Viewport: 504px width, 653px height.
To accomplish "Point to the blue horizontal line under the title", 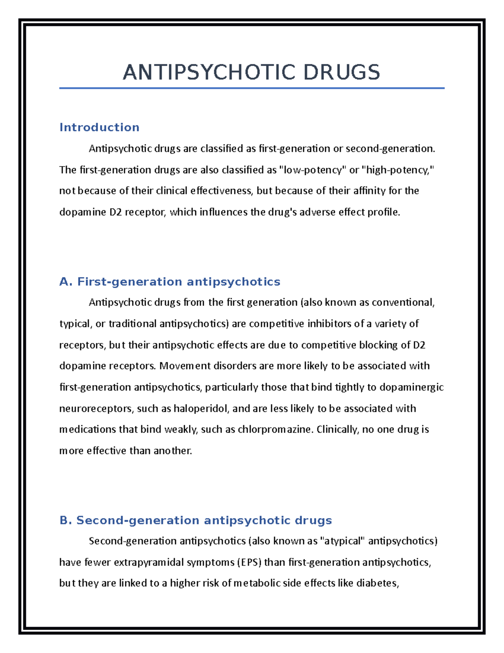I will (252, 88).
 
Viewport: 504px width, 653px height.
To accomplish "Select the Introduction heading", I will (99, 127).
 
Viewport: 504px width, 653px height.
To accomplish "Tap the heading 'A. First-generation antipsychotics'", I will (170, 281).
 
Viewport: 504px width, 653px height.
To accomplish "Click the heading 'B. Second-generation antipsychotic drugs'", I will (196, 520).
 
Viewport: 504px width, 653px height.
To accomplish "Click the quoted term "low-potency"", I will (312, 170).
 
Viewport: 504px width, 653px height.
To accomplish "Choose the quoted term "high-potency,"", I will (398, 170).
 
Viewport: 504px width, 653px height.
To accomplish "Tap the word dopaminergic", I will (412, 387).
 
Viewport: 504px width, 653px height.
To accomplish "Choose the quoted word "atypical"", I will (343, 541).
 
